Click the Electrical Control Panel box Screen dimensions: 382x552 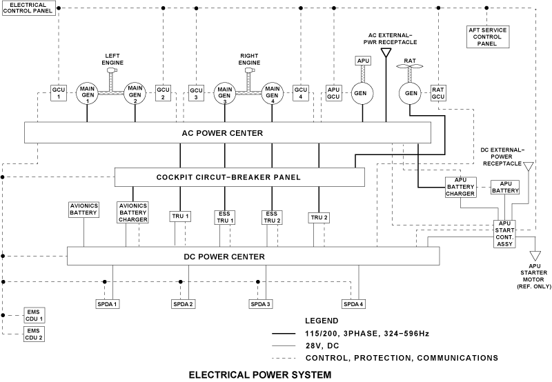(x=28, y=8)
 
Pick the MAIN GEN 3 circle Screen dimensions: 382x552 (x=224, y=93)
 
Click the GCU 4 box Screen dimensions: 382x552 (x=300, y=93)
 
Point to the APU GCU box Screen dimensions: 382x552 (x=334, y=93)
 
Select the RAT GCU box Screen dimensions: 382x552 (x=439, y=93)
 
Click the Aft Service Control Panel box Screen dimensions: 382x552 (x=486, y=35)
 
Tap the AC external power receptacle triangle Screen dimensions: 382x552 (x=386, y=52)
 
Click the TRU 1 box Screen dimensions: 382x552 (x=180, y=217)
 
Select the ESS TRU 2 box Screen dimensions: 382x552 (x=270, y=217)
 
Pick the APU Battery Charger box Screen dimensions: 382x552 (x=460, y=188)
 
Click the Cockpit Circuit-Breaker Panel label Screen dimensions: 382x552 (x=239, y=177)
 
